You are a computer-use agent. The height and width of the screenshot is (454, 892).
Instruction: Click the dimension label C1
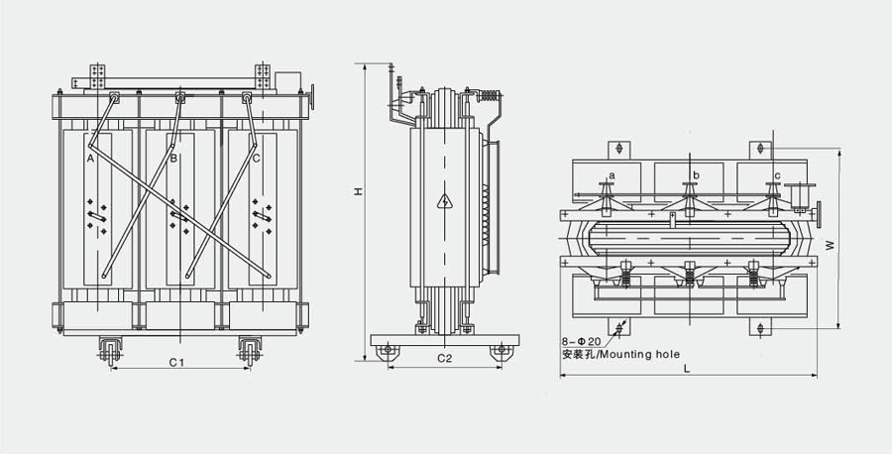(176, 362)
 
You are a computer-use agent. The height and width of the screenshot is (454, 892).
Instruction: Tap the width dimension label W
(830, 241)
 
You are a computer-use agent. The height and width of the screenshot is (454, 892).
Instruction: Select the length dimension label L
(686, 369)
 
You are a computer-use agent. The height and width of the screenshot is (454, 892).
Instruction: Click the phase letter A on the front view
(90, 158)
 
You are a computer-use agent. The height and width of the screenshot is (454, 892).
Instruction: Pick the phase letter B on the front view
(172, 158)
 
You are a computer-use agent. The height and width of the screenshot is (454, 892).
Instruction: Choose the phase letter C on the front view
(256, 158)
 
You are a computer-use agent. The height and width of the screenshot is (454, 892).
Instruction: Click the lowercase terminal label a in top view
(612, 175)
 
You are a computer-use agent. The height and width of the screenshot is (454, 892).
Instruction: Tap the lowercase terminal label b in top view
(696, 175)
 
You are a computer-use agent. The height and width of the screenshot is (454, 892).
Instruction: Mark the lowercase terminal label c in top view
(778, 175)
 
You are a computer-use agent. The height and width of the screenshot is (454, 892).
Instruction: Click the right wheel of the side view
(502, 349)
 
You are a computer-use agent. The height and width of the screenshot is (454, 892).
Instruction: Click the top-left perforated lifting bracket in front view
(96, 73)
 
